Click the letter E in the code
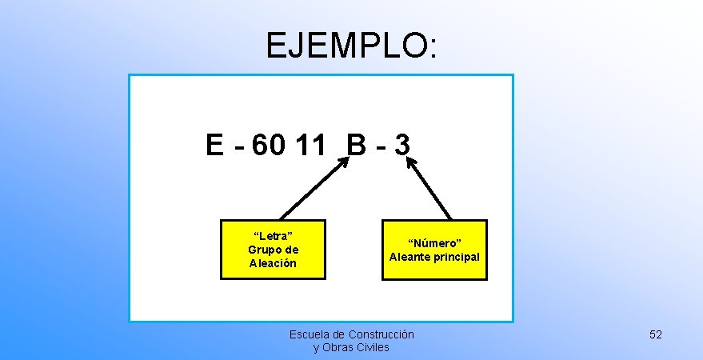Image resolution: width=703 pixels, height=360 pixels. pyautogui.click(x=214, y=146)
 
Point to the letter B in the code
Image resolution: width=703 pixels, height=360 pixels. pyautogui.click(x=357, y=146)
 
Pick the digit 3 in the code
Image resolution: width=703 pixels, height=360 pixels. pyautogui.click(x=402, y=146)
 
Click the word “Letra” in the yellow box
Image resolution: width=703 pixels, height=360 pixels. pyautogui.click(x=273, y=235)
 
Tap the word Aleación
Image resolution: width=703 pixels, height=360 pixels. pyautogui.click(x=273, y=262)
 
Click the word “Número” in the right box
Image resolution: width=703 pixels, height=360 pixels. pyautogui.click(x=434, y=242)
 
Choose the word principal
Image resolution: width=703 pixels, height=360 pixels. pyautogui.click(x=457, y=257)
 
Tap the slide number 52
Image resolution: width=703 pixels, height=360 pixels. pyautogui.click(x=656, y=334)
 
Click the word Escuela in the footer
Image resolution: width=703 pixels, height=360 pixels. pyautogui.click(x=307, y=334)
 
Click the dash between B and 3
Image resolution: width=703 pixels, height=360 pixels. pyautogui.click(x=381, y=147)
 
